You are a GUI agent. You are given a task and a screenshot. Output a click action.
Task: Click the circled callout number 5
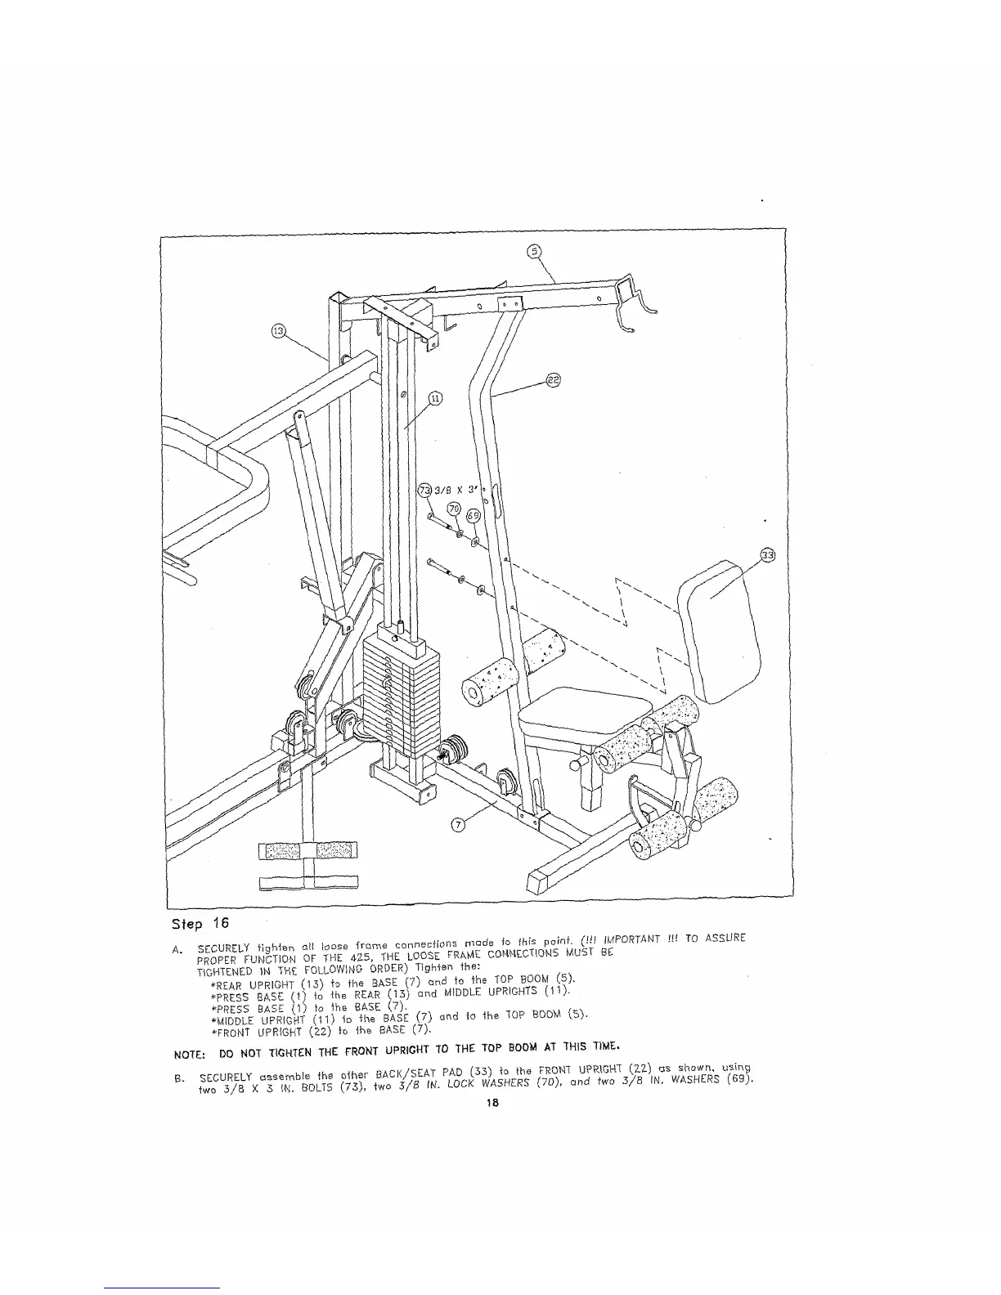point(534,252)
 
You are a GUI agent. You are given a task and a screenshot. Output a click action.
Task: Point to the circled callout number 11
point(436,398)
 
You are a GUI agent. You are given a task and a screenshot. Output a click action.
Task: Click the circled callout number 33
point(767,555)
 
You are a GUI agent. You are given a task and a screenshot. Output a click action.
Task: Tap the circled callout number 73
point(424,491)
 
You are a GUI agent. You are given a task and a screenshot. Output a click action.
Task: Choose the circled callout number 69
point(472,516)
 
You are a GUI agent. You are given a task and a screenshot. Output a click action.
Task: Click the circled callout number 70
point(453,509)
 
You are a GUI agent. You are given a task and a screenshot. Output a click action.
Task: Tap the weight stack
point(401,683)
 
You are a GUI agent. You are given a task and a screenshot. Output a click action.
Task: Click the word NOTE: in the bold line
point(187,1046)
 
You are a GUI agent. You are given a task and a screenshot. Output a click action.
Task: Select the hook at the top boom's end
point(634,302)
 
